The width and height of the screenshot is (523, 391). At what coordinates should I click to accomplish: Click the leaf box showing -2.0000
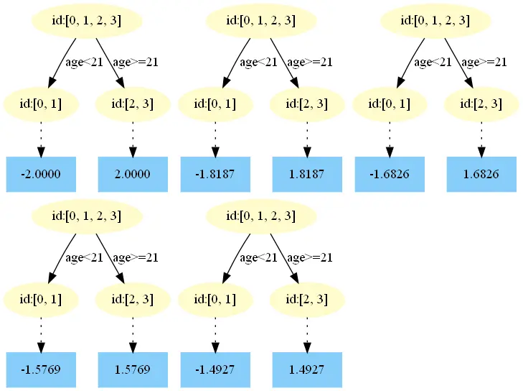click(41, 174)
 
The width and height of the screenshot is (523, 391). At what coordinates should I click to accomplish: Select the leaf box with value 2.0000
click(133, 174)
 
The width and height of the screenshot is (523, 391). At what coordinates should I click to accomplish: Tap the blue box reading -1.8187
click(215, 174)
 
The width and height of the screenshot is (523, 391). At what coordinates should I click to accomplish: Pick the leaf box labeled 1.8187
click(307, 174)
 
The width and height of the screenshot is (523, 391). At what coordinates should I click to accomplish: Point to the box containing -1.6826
click(390, 174)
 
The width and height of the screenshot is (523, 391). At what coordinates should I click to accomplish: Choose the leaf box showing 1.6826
click(481, 174)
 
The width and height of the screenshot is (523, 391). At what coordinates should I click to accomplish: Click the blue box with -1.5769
click(41, 370)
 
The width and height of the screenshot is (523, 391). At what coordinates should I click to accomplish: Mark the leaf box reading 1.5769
click(133, 370)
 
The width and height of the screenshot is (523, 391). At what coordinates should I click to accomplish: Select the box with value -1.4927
click(215, 370)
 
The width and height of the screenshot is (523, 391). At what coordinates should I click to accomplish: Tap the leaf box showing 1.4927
click(307, 370)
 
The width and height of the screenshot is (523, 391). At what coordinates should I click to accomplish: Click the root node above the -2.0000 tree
click(87, 21)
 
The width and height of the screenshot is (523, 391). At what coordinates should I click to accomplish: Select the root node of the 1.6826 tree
click(435, 21)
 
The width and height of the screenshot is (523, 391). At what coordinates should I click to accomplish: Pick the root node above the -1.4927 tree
click(261, 215)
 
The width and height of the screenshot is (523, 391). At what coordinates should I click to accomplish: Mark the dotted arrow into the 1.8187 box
click(307, 139)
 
